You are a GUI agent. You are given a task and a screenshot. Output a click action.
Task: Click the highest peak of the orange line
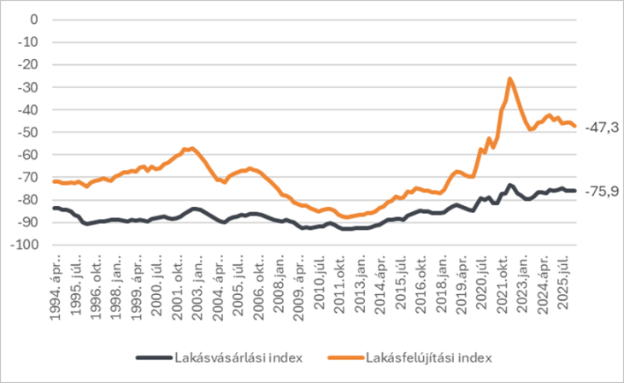pyautogui.click(x=510, y=79)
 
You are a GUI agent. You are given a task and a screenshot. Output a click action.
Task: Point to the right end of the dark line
pyautogui.click(x=575, y=191)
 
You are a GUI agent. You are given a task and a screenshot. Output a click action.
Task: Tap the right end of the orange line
pyautogui.click(x=575, y=127)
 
